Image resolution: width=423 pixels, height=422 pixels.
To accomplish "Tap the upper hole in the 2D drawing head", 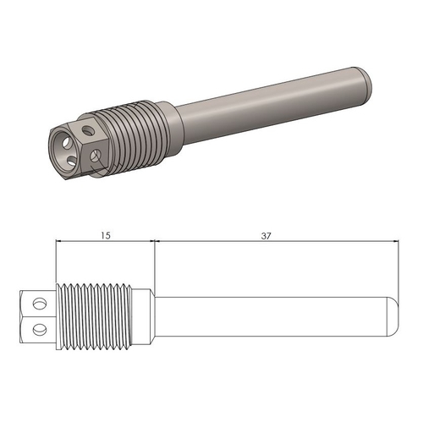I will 38,302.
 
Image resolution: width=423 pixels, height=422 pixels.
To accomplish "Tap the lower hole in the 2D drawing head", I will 38,327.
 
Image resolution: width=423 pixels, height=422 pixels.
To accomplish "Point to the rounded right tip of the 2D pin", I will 393,315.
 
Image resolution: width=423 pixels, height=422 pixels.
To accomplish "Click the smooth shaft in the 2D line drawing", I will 271,315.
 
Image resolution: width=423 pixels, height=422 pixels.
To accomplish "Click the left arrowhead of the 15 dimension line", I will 59,242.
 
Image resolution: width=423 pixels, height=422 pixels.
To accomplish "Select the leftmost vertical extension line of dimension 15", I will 56,262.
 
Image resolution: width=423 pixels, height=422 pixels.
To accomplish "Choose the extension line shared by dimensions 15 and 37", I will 154,262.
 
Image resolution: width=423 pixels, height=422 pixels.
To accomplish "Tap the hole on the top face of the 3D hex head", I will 89,129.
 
